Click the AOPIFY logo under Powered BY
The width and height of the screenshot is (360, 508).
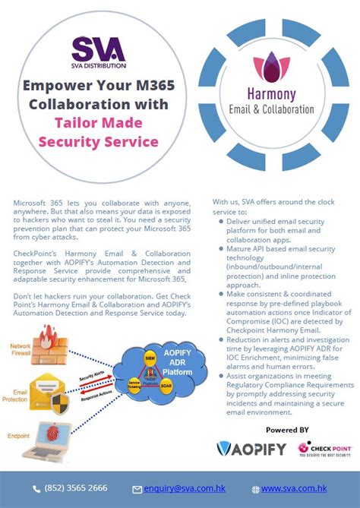coord(251,448)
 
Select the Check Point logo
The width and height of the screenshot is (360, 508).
coord(327,448)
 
